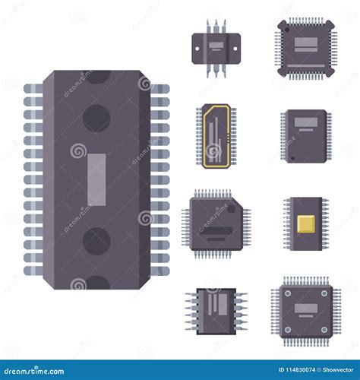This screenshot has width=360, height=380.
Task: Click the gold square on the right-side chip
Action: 305,223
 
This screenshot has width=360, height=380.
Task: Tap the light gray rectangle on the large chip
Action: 96,180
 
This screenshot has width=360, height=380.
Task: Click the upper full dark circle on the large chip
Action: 96,118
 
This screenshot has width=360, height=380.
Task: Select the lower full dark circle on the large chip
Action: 96,242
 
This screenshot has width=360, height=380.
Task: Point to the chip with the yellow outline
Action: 215,136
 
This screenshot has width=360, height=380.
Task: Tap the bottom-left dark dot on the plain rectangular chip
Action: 289,154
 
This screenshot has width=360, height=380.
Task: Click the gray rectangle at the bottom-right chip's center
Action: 305,308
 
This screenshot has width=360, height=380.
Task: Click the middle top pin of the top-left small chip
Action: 216,26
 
